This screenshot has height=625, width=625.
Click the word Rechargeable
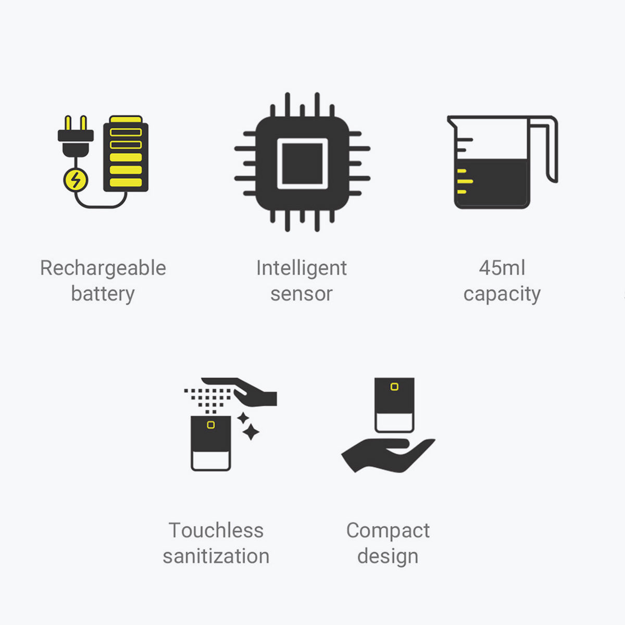click(x=103, y=269)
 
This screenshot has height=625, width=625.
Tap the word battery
click(x=103, y=294)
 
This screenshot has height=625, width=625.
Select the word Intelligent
click(x=302, y=269)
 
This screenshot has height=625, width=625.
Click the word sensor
click(x=302, y=294)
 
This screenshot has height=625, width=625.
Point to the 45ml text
click(x=502, y=268)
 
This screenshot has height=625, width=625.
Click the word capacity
click(x=502, y=294)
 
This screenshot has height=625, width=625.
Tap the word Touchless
click(x=216, y=531)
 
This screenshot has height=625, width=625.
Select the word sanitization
click(x=216, y=556)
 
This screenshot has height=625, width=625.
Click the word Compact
click(x=388, y=531)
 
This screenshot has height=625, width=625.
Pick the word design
click(x=388, y=557)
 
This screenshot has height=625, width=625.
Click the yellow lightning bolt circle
click(x=76, y=180)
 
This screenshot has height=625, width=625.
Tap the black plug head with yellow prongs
click(x=76, y=136)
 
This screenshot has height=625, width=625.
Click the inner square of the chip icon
click(x=302, y=164)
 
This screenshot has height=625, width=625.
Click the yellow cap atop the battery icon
click(x=126, y=119)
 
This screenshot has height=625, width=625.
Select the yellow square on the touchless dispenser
click(x=211, y=425)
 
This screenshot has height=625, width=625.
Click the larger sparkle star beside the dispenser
click(x=251, y=432)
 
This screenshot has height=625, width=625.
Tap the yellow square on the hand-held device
click(x=394, y=386)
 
